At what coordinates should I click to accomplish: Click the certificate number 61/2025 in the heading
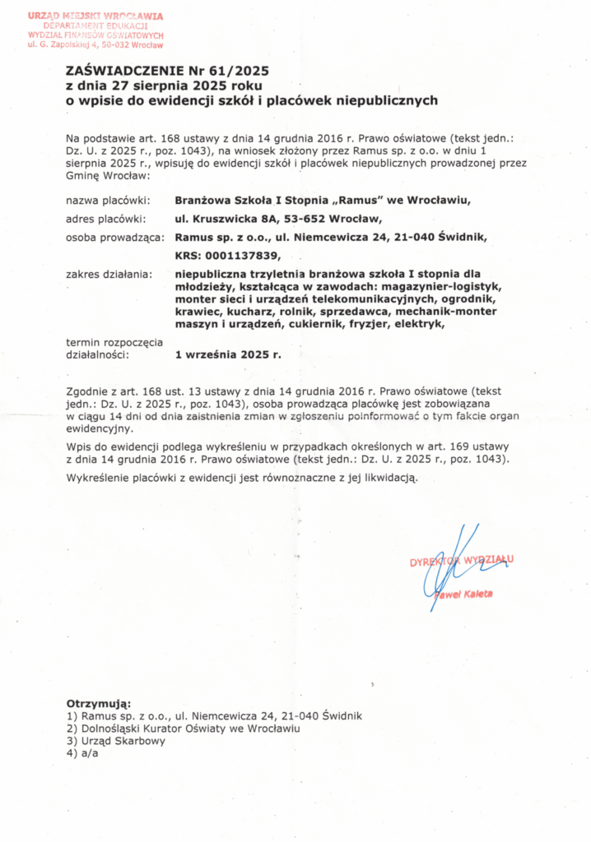(236, 72)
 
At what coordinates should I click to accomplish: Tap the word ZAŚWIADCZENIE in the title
(126, 72)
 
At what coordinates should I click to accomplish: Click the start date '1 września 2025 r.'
(228, 356)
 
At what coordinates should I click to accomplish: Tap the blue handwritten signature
(449, 567)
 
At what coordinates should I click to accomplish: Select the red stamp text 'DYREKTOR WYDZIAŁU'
(461, 561)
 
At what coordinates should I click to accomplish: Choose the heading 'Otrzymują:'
(98, 704)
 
